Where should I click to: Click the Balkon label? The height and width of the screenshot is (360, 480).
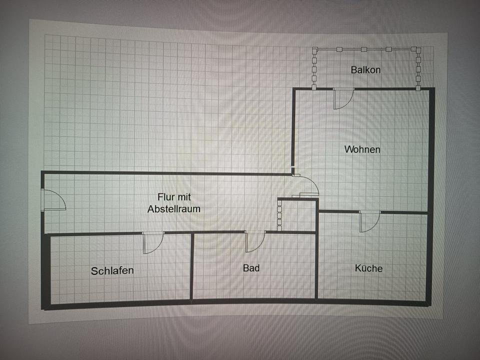pyautogui.click(x=365, y=70)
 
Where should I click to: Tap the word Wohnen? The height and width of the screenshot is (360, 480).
pyautogui.click(x=362, y=149)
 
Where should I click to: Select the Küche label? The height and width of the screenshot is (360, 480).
pyautogui.click(x=368, y=268)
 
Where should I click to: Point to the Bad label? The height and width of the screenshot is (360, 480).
pyautogui.click(x=251, y=268)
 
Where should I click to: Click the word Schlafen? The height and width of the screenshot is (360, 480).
pyautogui.click(x=112, y=271)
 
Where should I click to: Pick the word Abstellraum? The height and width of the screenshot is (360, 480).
pyautogui.click(x=174, y=209)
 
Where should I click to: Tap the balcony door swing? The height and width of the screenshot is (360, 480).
pyautogui.click(x=343, y=98)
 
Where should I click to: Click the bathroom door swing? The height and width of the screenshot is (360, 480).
pyautogui.click(x=254, y=241)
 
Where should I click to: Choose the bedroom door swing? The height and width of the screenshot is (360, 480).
pyautogui.click(x=152, y=242)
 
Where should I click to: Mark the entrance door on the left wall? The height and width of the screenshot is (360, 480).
pyautogui.click(x=53, y=199)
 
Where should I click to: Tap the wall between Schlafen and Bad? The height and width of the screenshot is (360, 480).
pyautogui.click(x=192, y=267)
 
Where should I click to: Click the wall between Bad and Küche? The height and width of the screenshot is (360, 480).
pyautogui.click(x=316, y=265)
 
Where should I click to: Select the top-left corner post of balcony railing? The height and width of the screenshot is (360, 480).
pyautogui.click(x=314, y=49)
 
